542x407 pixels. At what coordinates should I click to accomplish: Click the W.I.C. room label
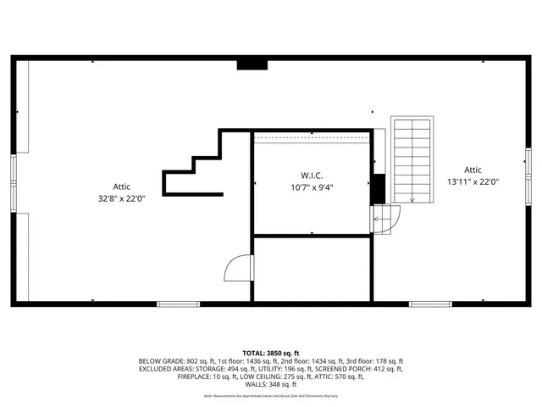point(312,175)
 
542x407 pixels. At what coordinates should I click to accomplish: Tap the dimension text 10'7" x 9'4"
point(312,187)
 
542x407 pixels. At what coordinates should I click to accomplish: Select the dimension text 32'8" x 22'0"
point(122,198)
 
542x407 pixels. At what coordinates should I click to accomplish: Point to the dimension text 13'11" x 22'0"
point(473,181)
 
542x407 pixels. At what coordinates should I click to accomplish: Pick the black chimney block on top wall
point(252,64)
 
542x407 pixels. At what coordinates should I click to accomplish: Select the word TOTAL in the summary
point(253,353)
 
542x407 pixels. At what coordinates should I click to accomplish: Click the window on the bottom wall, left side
point(178,304)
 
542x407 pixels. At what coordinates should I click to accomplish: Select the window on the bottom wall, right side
point(430,304)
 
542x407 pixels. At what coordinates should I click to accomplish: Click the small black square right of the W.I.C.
point(379,189)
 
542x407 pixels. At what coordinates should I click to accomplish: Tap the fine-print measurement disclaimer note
point(271,396)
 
